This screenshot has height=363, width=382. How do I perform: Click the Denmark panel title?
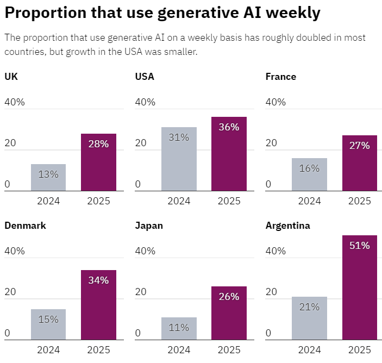point(25,226)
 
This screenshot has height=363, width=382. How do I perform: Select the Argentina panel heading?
point(287,226)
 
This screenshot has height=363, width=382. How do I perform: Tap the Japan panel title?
point(149,226)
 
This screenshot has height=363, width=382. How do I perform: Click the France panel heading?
point(280,77)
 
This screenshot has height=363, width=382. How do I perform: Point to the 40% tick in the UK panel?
point(15,102)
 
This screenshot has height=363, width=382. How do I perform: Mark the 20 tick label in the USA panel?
point(141,143)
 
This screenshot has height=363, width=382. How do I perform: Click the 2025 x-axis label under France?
point(359,201)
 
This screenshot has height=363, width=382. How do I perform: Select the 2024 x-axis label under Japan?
point(179,350)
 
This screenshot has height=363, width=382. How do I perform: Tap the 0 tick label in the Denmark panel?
point(8,333)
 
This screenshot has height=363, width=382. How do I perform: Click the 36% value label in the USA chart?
point(229,127)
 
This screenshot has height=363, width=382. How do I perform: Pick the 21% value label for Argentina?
point(309,307)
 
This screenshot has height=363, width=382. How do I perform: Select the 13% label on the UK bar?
point(48,174)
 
